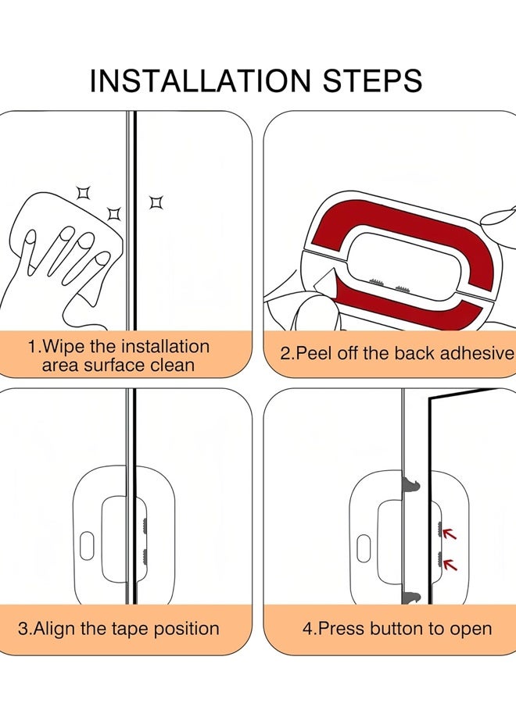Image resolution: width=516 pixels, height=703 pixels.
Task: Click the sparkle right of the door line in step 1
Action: pos(156,203)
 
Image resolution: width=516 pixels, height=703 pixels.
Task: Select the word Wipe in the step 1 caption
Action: pos(59,346)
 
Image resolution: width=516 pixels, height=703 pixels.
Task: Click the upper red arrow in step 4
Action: pos(449,534)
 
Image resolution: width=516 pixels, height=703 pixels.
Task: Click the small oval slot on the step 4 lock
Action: pos(363,547)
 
